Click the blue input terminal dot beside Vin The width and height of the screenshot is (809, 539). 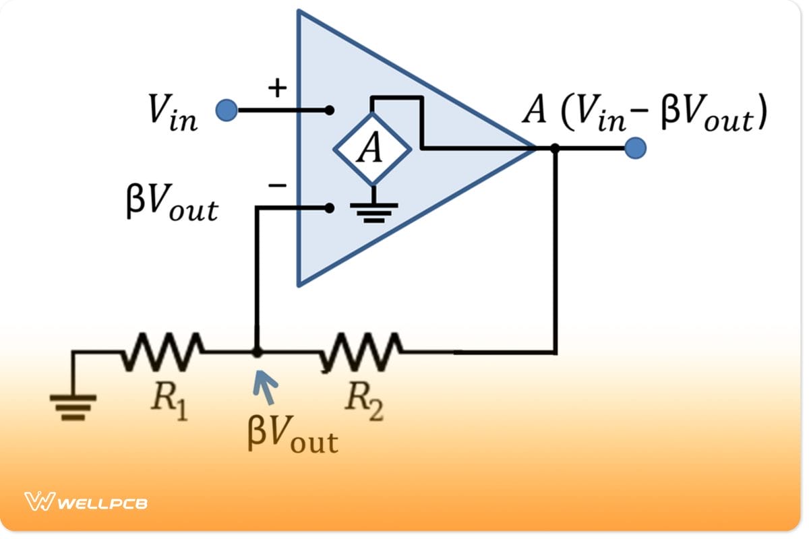point(227,110)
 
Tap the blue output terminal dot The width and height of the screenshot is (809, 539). point(635,148)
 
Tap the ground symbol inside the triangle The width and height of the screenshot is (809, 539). point(371,211)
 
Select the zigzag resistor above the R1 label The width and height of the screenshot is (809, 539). point(162,351)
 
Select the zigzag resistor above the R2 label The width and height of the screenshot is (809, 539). point(362,351)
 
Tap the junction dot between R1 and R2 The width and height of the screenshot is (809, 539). point(256,352)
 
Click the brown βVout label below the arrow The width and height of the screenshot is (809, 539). point(291,436)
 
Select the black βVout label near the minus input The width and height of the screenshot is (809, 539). point(172,205)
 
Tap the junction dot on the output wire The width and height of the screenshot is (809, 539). point(555,148)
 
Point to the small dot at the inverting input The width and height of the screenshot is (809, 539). point(329,208)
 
